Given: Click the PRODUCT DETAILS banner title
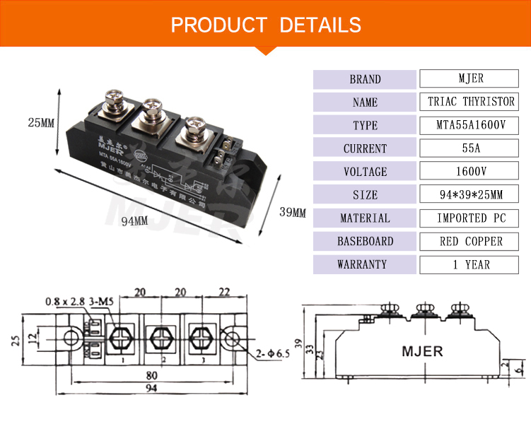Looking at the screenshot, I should pyautogui.click(x=266, y=25).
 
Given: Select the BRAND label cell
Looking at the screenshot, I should pyautogui.click(x=365, y=79).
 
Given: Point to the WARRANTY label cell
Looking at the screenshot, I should pyautogui.click(x=365, y=264).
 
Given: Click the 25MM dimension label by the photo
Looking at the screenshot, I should pyautogui.click(x=41, y=122).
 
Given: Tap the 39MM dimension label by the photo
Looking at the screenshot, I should pyautogui.click(x=293, y=212).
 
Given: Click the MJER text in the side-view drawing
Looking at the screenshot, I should pyautogui.click(x=422, y=351).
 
